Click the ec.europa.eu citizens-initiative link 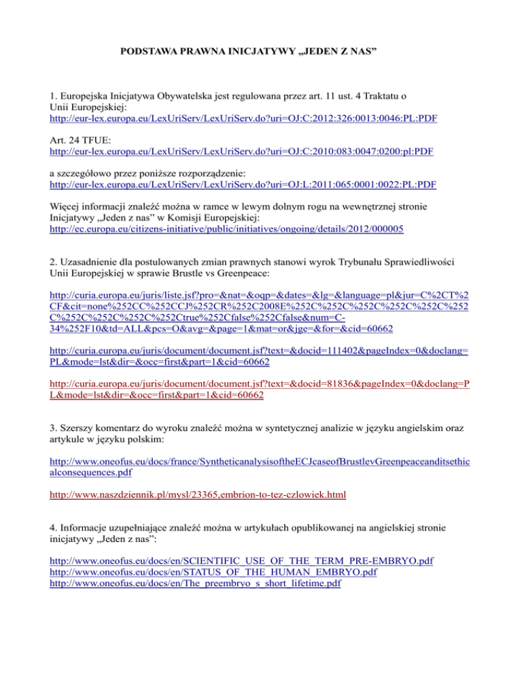(226, 230)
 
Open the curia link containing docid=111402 (260, 352)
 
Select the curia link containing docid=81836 (260, 386)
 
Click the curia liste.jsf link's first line (260, 297)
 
